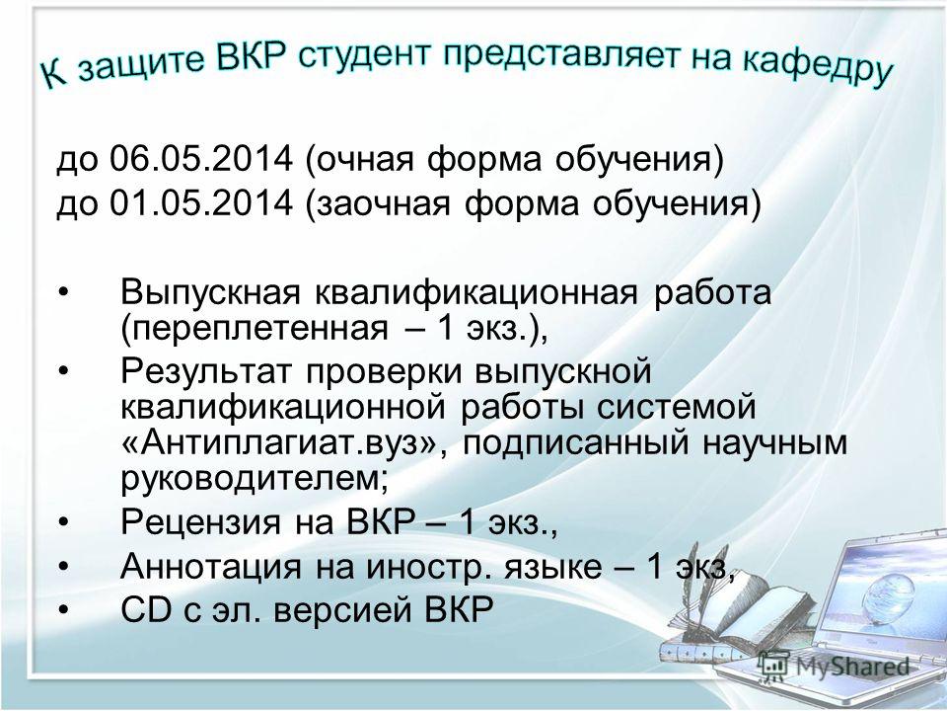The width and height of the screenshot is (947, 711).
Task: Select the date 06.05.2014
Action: point(200,159)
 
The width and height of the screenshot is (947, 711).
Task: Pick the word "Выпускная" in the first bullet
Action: point(210,292)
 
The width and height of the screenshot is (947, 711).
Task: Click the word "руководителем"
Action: point(250,478)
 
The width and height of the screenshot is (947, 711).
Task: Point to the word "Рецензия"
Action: point(200,520)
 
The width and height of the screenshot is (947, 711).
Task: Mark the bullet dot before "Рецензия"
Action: point(64,522)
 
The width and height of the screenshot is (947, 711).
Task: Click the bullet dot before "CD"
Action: point(64,610)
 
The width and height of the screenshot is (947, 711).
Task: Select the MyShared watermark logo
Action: point(834,666)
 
